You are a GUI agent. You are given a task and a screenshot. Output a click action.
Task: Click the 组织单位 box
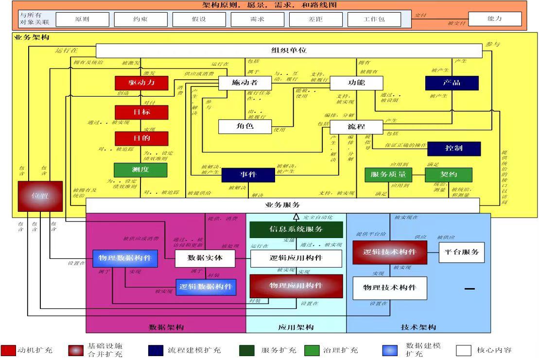[x=289, y=51]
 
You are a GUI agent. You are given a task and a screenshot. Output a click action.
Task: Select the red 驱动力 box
[x=141, y=83]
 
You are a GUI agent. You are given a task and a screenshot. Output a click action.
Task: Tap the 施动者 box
[x=244, y=83]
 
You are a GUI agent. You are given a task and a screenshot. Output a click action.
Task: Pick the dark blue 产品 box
[x=452, y=83]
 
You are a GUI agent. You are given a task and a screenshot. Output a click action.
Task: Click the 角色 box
[x=244, y=126]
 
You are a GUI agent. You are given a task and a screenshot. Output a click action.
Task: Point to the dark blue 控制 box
[x=454, y=148]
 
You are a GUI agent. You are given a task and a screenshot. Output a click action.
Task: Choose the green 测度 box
[x=140, y=170]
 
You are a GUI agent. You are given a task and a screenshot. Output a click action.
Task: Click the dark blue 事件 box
[x=248, y=175]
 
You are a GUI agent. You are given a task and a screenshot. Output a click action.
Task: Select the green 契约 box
[x=448, y=175]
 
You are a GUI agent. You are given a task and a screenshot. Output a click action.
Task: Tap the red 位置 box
[x=40, y=196]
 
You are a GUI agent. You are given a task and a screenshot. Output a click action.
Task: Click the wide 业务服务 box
[x=282, y=205]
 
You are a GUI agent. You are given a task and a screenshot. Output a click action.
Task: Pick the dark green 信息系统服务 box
[x=296, y=229]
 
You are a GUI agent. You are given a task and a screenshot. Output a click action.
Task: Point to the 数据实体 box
[x=205, y=258]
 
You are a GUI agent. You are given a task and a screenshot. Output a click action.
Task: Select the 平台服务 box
[x=461, y=252]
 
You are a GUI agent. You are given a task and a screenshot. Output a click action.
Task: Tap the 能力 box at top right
[x=494, y=19]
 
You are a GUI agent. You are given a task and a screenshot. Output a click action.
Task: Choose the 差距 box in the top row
[x=315, y=19]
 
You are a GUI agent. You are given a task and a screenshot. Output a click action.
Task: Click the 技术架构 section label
[x=418, y=327]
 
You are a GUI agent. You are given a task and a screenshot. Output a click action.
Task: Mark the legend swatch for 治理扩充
[x=312, y=350]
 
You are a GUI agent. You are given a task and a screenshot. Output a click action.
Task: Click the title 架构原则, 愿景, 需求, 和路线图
[x=269, y=5]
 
